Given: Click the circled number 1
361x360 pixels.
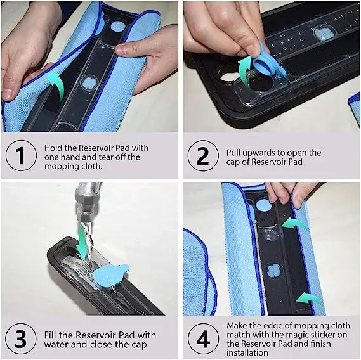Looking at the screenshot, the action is click(21, 155).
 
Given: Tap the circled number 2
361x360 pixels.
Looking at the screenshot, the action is click(203, 155).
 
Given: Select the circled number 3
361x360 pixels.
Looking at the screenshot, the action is click(21, 338).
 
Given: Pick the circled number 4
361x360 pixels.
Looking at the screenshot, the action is click(203, 338).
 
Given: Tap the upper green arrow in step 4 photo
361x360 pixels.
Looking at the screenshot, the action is click(294, 224).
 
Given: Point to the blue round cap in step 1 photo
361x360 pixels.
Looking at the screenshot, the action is click(118, 27).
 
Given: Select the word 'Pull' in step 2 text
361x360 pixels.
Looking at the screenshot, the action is click(233, 153).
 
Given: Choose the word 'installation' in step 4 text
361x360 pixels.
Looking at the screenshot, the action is click(247, 352).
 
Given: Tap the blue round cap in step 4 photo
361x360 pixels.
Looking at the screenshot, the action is click(263, 205).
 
